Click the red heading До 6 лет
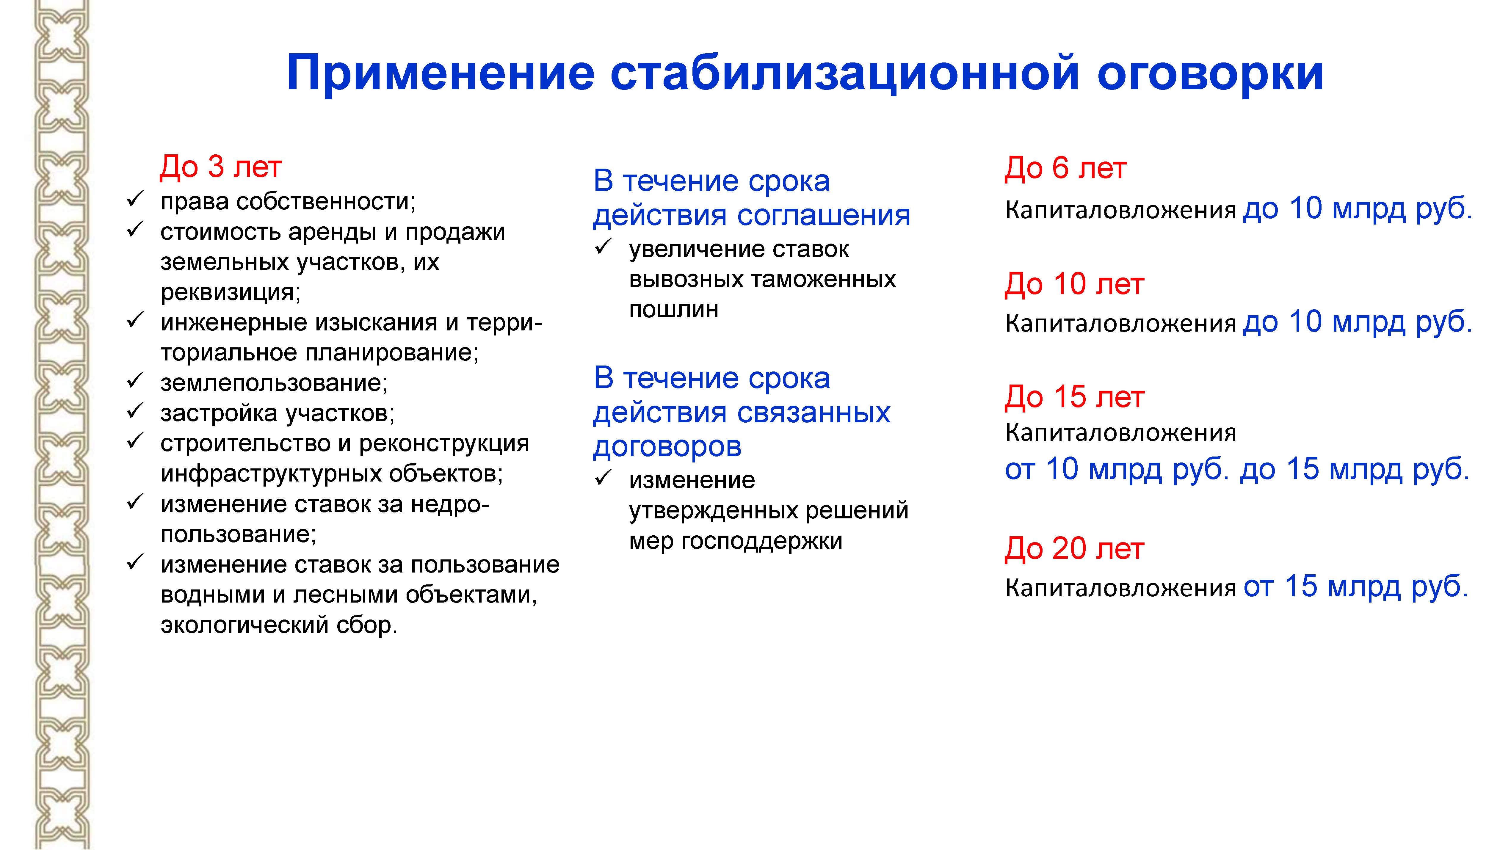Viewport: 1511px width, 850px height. [1065, 168]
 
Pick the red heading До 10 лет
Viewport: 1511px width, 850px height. [1074, 284]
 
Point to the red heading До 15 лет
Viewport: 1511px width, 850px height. [1074, 397]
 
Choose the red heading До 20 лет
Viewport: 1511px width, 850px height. [1074, 549]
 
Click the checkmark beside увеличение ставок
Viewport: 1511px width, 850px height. [604, 247]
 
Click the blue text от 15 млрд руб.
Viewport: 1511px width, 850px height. [1355, 586]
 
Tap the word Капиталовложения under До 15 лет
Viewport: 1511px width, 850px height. [1120, 433]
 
